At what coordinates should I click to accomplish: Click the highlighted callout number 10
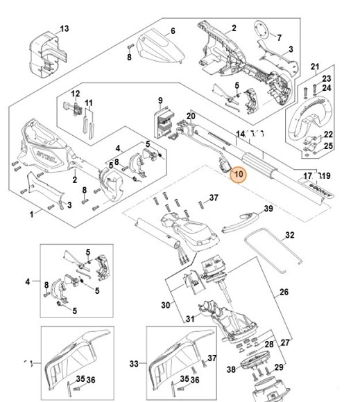(x=238, y=175)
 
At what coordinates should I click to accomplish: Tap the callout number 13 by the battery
(x=65, y=29)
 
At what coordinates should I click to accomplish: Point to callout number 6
(x=173, y=31)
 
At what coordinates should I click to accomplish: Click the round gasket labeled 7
(x=261, y=30)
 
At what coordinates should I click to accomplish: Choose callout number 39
(x=268, y=209)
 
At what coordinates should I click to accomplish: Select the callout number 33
(x=135, y=362)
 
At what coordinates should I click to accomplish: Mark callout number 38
(x=232, y=370)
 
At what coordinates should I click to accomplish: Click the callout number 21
(x=314, y=67)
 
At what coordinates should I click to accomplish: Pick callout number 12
(x=76, y=94)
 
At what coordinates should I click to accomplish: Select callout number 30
(x=164, y=305)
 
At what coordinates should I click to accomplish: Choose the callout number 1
(x=31, y=214)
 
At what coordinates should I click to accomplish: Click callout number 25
(x=328, y=146)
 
